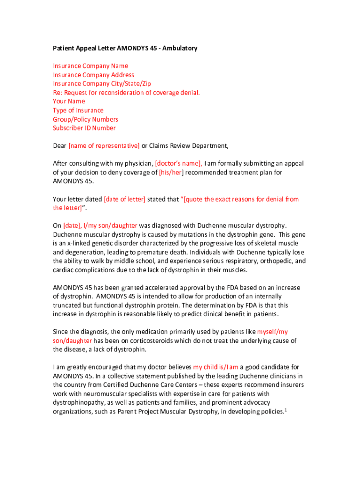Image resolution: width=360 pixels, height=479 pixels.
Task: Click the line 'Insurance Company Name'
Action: click(90, 66)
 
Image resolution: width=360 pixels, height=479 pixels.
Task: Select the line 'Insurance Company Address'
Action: click(94, 75)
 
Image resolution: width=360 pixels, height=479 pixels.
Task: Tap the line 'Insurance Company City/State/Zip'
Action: click(102, 84)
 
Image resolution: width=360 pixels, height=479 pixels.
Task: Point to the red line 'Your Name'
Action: click(69, 101)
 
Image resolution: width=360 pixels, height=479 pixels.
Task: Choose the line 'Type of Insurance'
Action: click(78, 110)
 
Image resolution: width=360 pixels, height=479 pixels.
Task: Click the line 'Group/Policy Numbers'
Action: click(86, 119)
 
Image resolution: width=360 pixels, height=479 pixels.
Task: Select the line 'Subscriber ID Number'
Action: click(84, 128)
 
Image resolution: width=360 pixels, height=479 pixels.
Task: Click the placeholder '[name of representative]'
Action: click(104, 146)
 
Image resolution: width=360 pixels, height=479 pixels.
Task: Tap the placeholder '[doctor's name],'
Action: click(179, 164)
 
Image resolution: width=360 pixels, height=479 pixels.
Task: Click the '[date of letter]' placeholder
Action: click(124, 199)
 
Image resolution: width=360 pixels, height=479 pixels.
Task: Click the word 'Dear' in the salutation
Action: click(59, 146)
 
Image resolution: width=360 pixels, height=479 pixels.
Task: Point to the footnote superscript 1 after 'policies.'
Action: click(285, 410)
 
